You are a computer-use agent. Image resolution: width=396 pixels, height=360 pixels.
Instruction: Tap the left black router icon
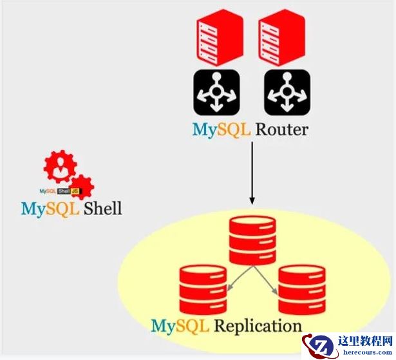click(216, 93)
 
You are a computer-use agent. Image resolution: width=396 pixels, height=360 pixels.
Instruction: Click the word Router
click(281, 129)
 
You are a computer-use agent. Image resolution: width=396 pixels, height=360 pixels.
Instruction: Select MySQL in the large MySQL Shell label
click(49, 209)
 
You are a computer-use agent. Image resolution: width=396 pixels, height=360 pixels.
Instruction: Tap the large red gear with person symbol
click(60, 169)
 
